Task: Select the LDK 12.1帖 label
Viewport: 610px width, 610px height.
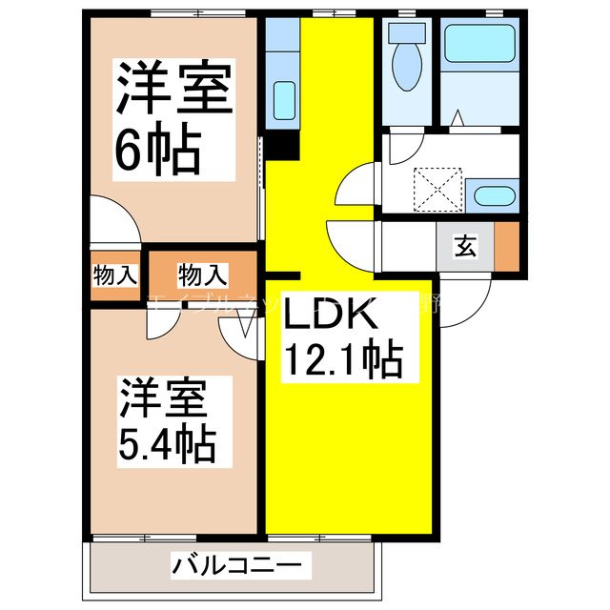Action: click(x=339, y=337)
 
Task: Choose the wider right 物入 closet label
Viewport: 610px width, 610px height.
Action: click(x=203, y=275)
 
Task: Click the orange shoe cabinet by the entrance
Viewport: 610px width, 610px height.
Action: click(x=505, y=246)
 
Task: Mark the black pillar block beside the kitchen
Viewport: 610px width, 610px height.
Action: click(x=282, y=145)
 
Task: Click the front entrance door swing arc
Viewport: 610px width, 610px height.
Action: click(x=465, y=296)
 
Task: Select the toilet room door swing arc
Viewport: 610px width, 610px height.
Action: click(x=403, y=152)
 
